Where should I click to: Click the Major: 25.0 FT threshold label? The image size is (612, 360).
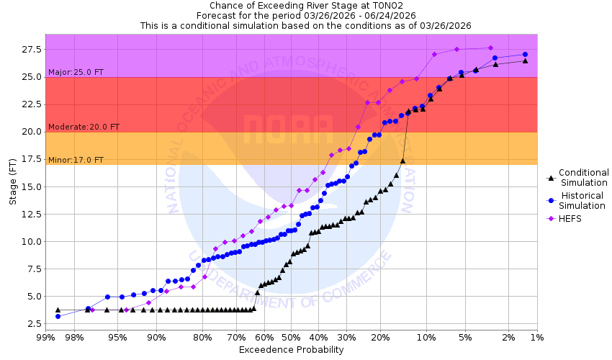tap(76, 72)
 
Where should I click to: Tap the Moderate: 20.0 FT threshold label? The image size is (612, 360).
tap(84, 127)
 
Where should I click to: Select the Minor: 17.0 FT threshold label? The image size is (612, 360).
tap(76, 160)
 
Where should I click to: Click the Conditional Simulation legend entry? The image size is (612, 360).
tap(583, 177)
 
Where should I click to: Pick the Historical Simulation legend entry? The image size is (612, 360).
tap(583, 201)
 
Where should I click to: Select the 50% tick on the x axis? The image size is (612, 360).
tap(291, 337)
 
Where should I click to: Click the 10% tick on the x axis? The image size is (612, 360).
tap(427, 337)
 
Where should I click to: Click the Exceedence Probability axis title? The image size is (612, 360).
tap(291, 350)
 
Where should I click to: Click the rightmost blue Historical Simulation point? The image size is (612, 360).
tap(525, 55)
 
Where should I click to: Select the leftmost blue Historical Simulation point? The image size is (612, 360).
tap(58, 316)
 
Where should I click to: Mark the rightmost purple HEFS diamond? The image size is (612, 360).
tap(490, 48)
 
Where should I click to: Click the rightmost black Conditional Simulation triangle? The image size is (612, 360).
tap(525, 60)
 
